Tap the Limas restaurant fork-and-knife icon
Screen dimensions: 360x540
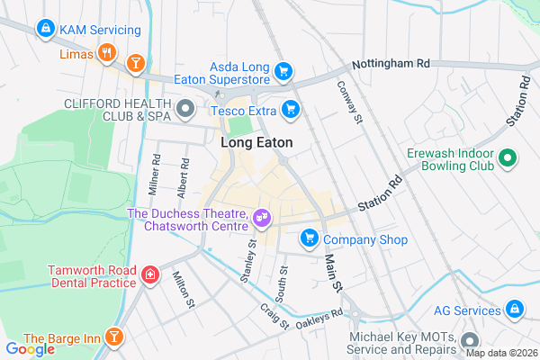click(x=107, y=52)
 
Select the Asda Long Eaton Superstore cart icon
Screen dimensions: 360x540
click(x=283, y=70)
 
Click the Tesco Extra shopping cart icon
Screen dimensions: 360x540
click(x=290, y=110)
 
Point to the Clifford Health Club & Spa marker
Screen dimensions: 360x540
click(x=185, y=110)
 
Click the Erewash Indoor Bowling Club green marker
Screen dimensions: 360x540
click(x=508, y=158)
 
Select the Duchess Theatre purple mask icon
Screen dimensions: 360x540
click(x=262, y=216)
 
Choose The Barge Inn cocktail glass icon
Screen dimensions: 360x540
click(x=114, y=337)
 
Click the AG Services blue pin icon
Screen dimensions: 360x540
click(x=513, y=310)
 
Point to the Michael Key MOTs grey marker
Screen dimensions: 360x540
click(x=469, y=341)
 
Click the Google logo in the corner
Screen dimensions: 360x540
click(x=30, y=349)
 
